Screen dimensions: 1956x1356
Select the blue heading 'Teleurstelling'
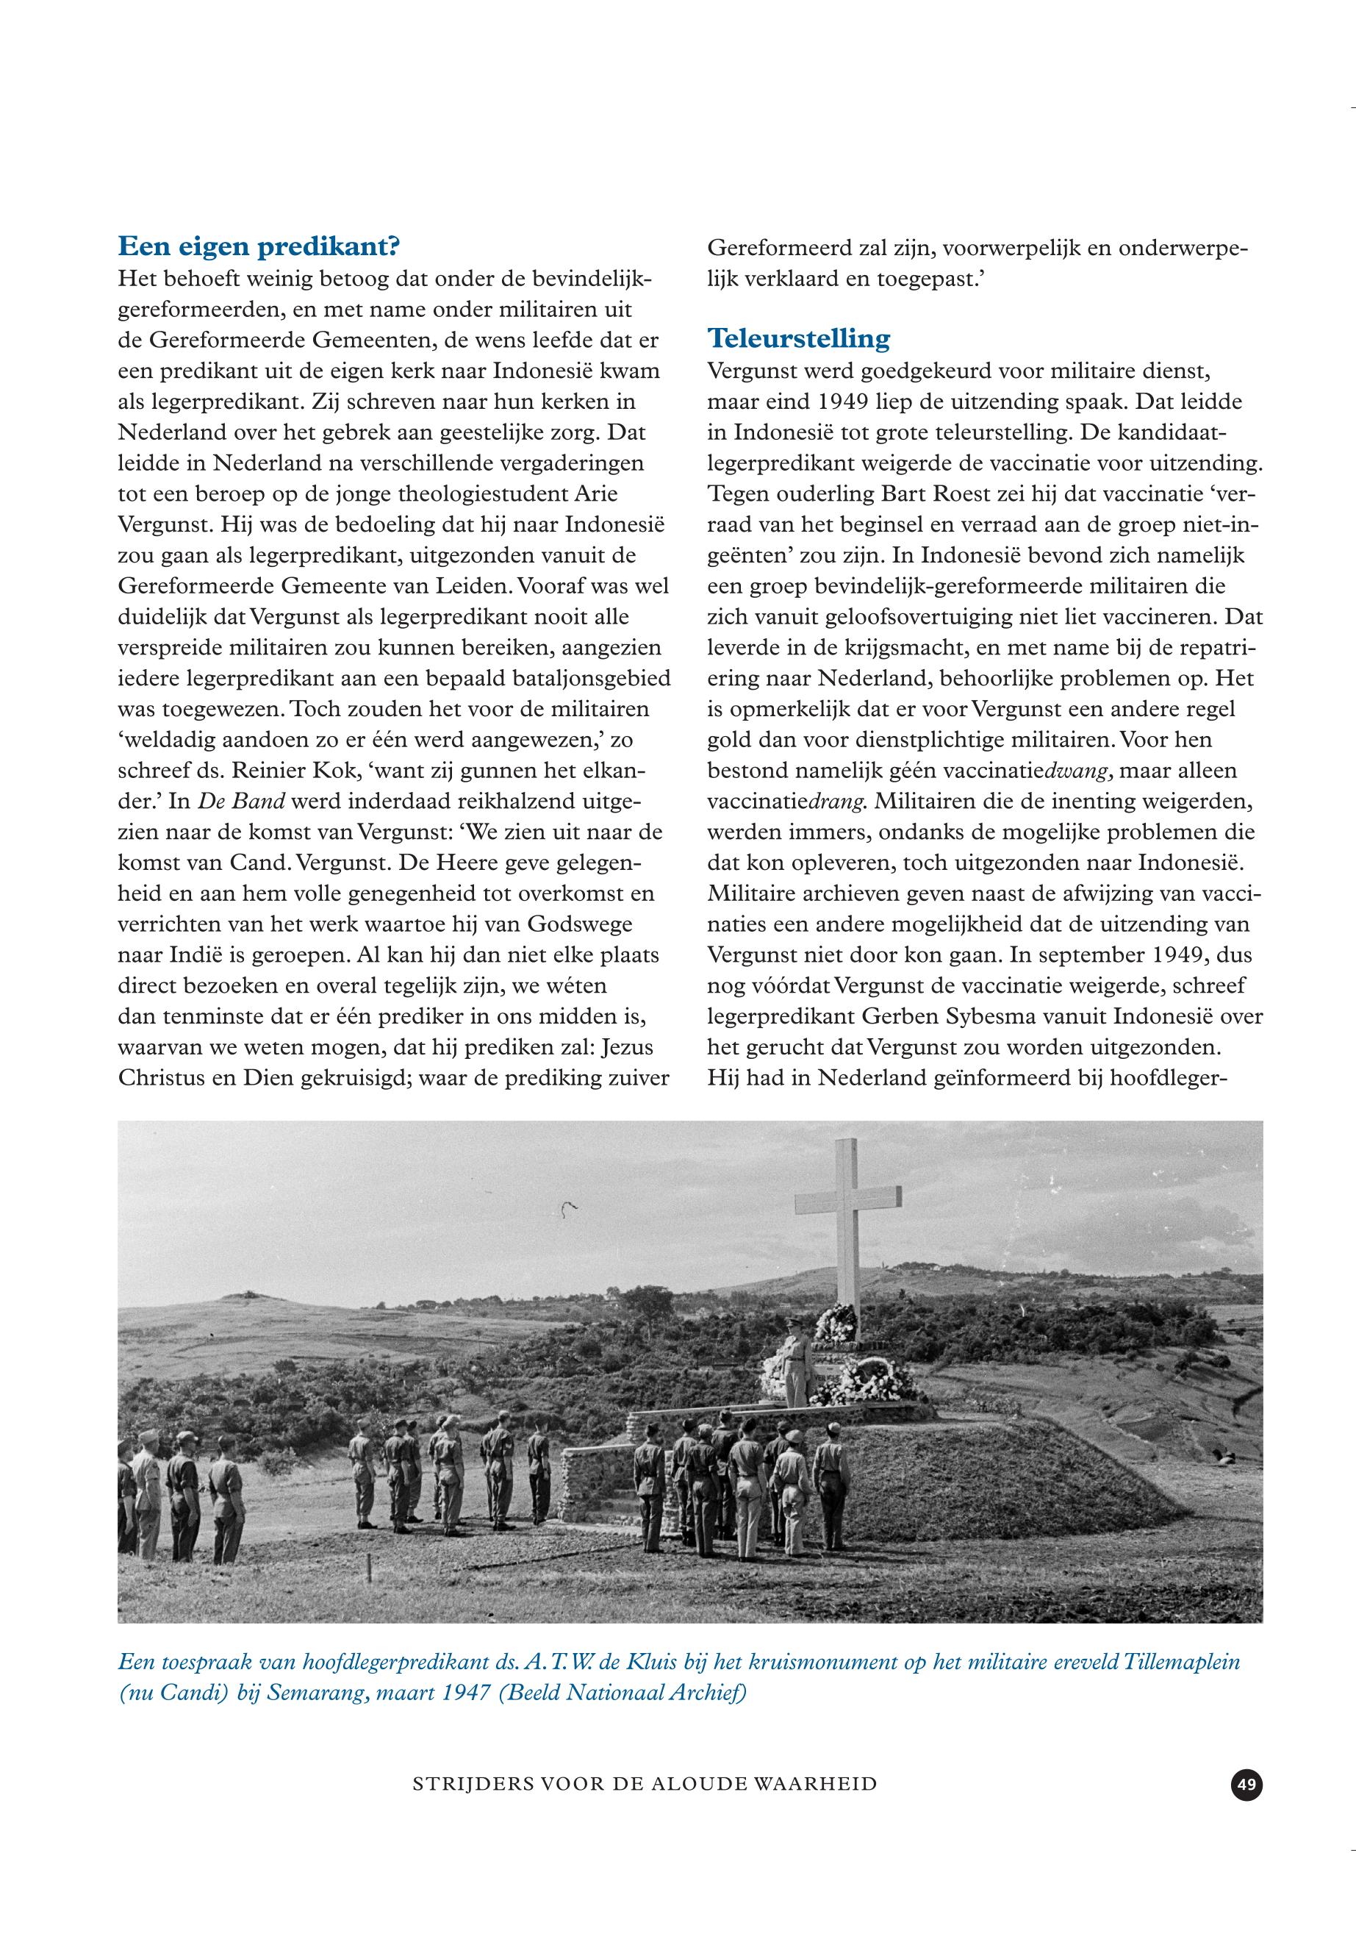[x=799, y=338]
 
